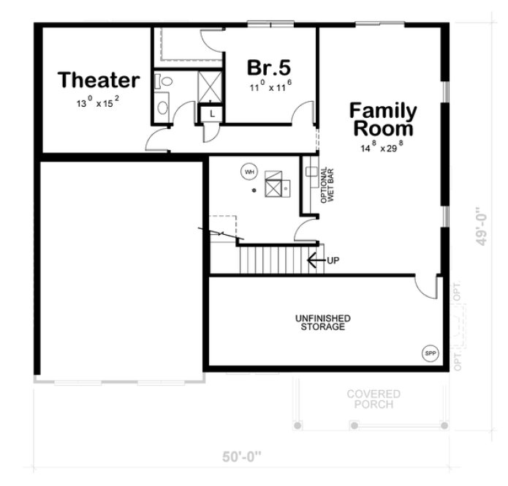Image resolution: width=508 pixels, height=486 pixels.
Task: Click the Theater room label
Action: coord(99,80)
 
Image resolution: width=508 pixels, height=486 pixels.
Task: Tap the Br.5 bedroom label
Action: coord(269,67)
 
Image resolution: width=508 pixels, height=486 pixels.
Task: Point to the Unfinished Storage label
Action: coord(322,322)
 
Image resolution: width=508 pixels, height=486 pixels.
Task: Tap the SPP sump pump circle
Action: coord(430,354)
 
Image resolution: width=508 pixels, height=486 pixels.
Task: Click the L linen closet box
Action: coord(211,113)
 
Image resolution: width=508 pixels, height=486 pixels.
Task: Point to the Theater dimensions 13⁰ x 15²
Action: coord(98,103)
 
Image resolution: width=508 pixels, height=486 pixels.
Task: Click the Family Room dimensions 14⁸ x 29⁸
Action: coord(382,149)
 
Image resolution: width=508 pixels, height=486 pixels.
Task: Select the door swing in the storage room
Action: coord(425,288)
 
